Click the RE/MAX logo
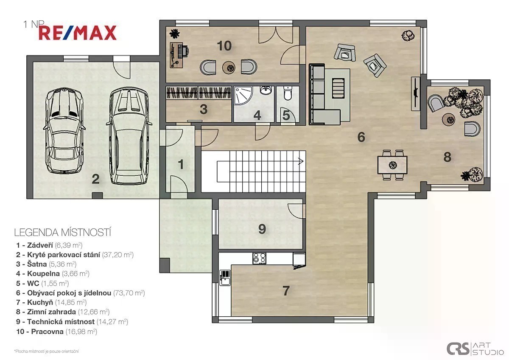tap(78, 33)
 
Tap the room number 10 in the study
tap(224, 46)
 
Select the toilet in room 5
tap(288, 93)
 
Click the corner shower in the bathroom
tap(243, 95)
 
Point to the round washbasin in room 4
tap(266, 90)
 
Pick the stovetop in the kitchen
tap(259, 259)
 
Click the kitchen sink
tap(225, 278)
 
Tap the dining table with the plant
tap(392, 165)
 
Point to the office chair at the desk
tap(183, 51)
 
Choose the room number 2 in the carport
tap(96, 179)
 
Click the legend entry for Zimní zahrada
tap(63, 312)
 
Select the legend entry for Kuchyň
tap(51, 302)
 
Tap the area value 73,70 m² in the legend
tap(129, 292)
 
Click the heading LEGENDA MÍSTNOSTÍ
tap(62, 233)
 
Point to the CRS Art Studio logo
tap(475, 349)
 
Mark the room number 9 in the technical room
tap(262, 229)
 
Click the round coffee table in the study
tap(229, 67)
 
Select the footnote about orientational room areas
tap(47, 352)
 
